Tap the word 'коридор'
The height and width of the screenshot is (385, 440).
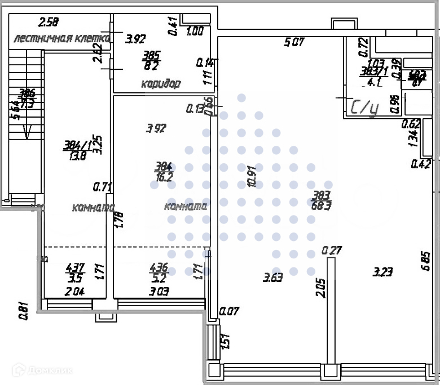[x=161, y=84]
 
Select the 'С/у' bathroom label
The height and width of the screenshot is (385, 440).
[x=364, y=107]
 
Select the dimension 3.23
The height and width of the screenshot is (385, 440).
[x=383, y=272]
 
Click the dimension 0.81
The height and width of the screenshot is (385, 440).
[x=23, y=311]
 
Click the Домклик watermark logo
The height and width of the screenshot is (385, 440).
[x=42, y=370]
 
